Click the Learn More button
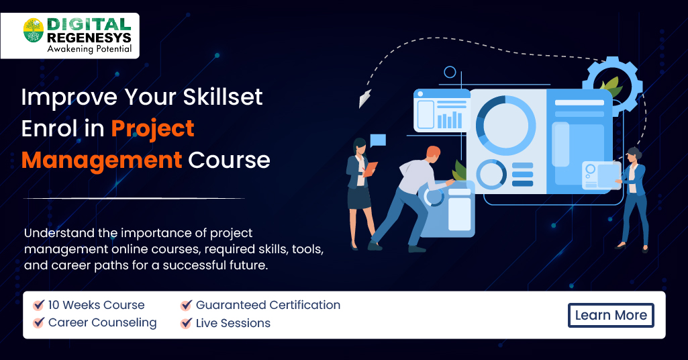(611, 315)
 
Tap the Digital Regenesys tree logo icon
(34, 30)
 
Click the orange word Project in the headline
(152, 129)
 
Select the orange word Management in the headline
(101, 160)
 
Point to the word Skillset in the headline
(222, 97)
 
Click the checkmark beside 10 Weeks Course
(39, 305)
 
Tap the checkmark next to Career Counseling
(39, 322)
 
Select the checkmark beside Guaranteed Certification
(187, 305)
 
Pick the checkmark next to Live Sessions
(187, 323)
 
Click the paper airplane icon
(364, 98)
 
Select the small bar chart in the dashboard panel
(448, 120)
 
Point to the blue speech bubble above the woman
(378, 140)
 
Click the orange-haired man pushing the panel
(408, 198)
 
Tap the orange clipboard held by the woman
(369, 169)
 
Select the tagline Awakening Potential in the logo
(89, 49)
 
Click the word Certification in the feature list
(305, 305)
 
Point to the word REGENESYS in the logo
(89, 38)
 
